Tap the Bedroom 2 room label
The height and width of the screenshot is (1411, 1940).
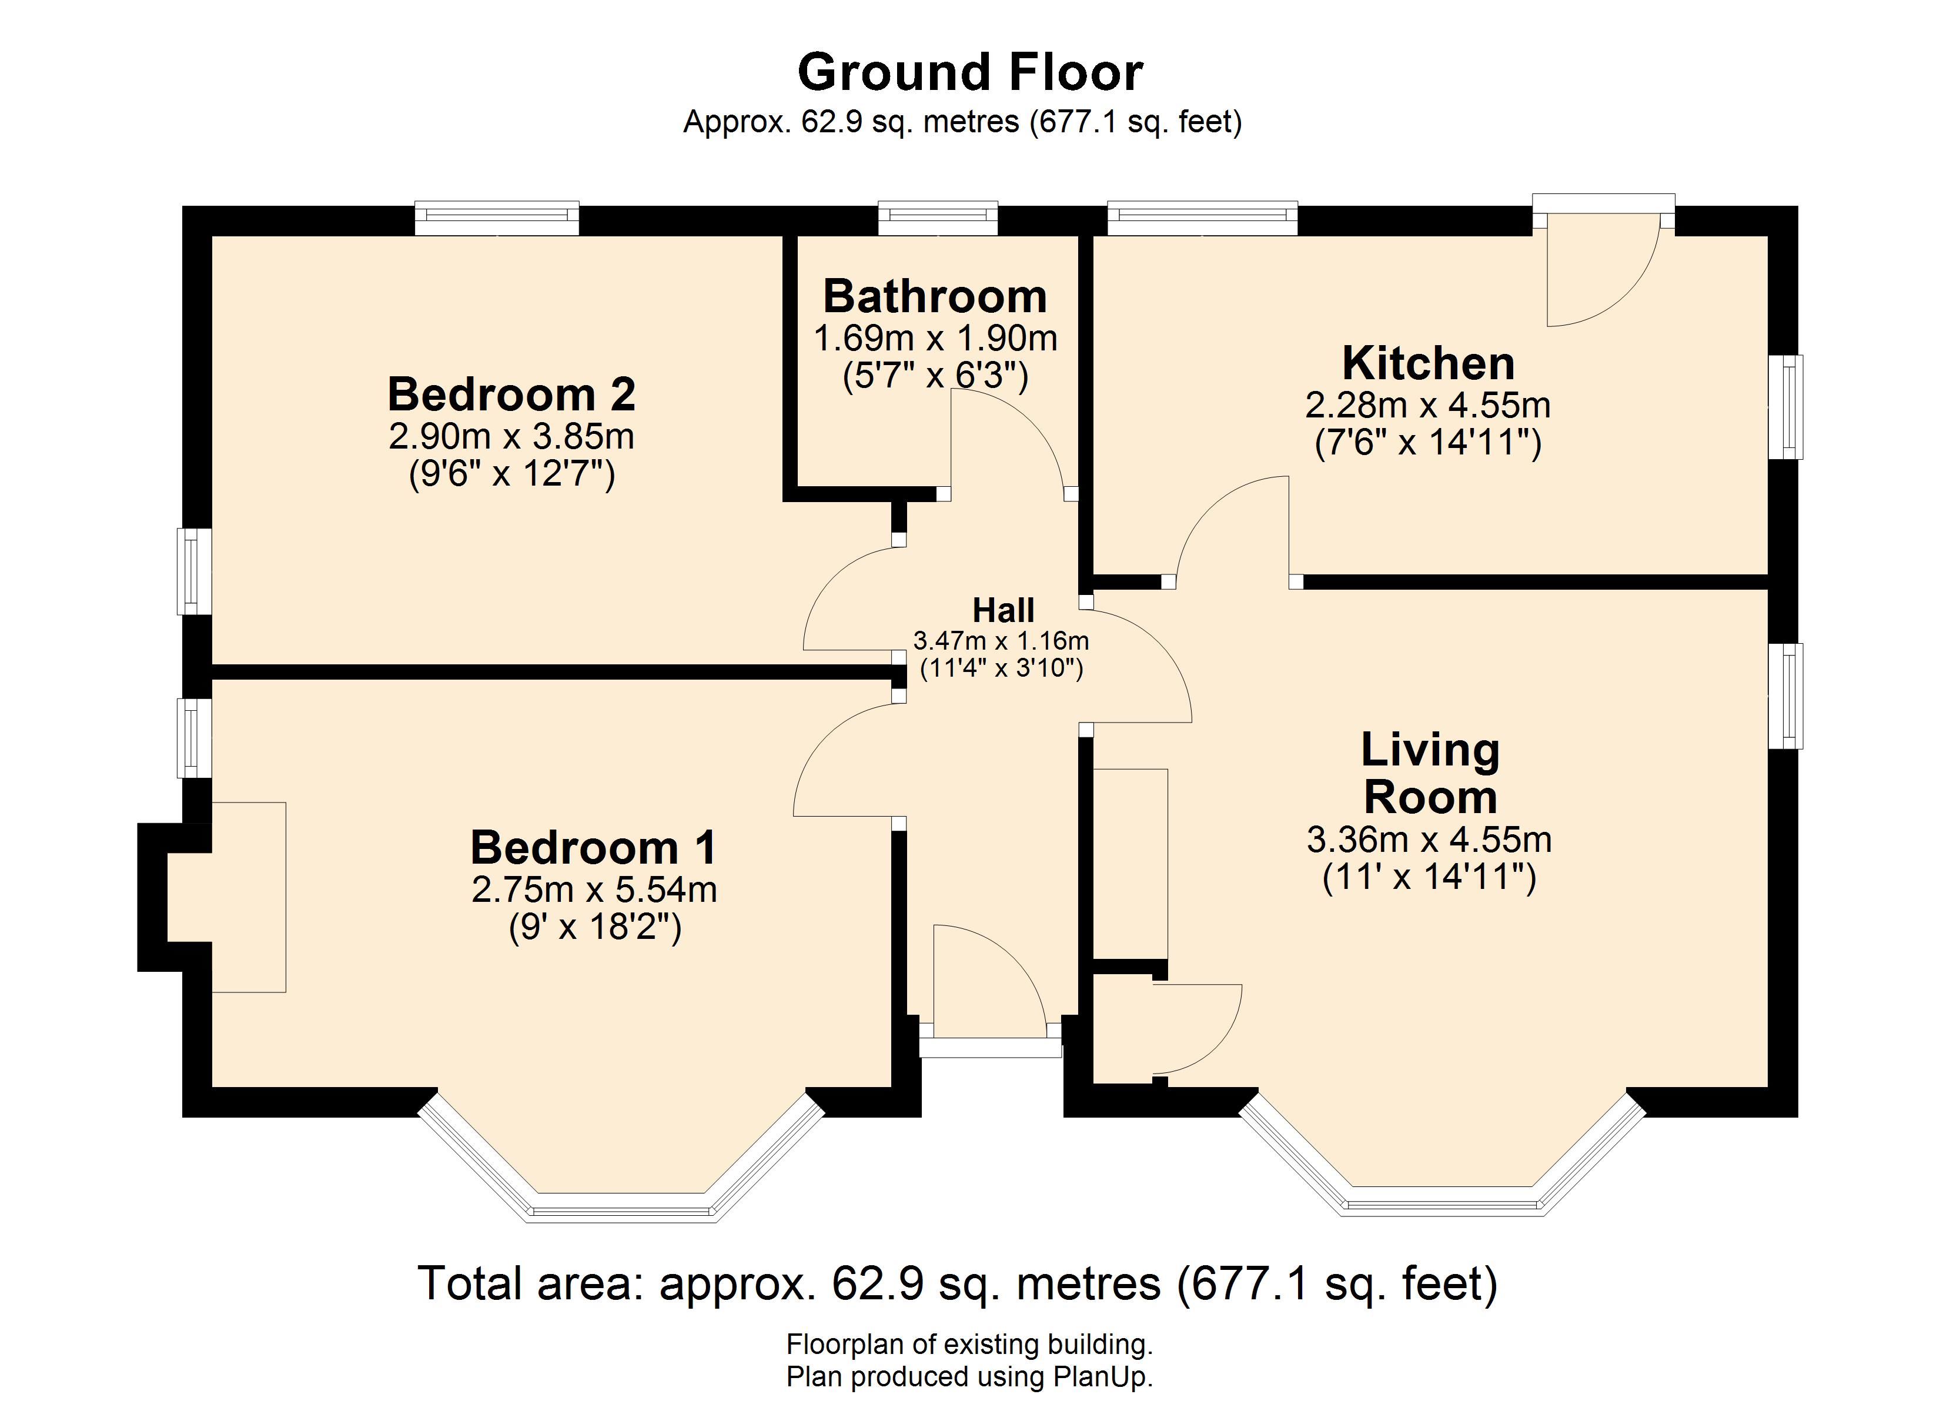(x=511, y=394)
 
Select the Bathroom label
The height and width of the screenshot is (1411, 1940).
(x=935, y=297)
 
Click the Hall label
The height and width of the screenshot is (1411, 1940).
(x=1004, y=610)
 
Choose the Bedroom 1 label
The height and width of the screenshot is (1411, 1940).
(x=594, y=848)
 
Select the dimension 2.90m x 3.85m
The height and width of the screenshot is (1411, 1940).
(x=511, y=437)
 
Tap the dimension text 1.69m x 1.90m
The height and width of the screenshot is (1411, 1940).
(x=935, y=339)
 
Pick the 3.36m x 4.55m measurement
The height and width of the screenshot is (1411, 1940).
(x=1429, y=840)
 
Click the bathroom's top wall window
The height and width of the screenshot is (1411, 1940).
(x=938, y=218)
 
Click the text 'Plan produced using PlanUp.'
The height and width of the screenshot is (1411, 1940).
(x=970, y=1377)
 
